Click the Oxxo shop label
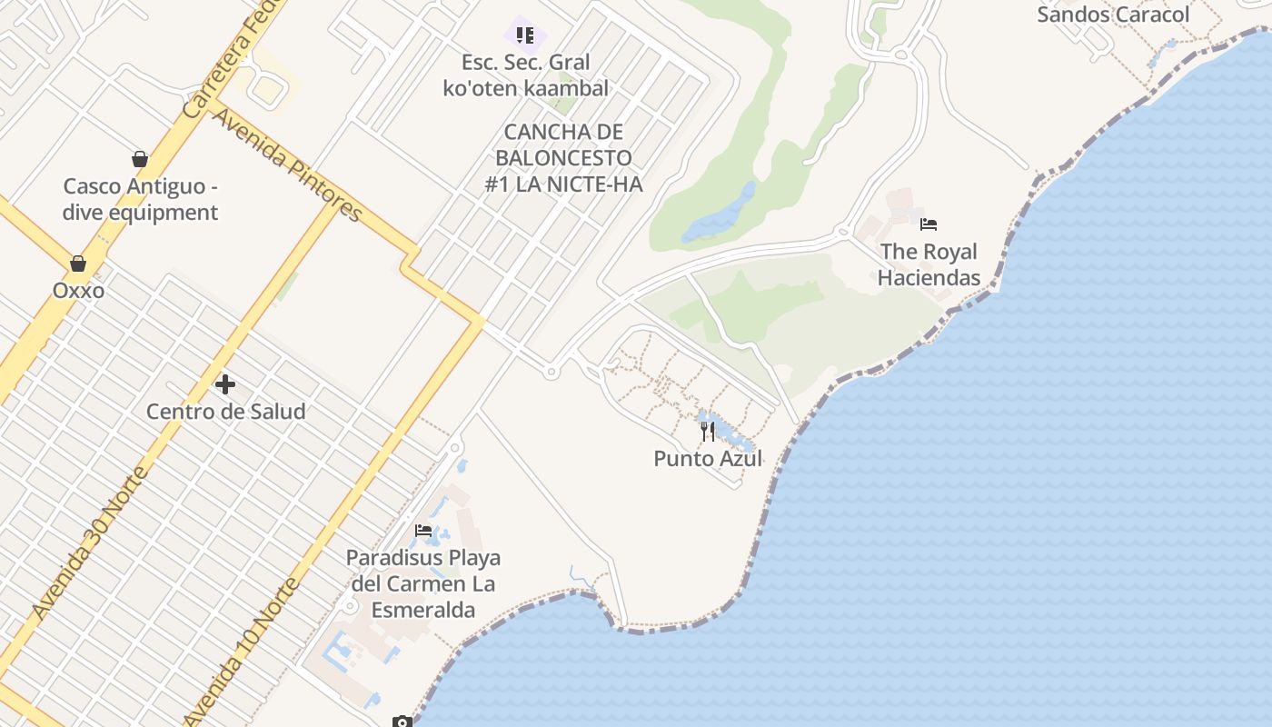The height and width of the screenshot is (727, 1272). click(x=78, y=291)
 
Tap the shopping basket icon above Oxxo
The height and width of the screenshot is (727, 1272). click(x=78, y=264)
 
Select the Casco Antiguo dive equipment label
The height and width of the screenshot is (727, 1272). click(x=140, y=200)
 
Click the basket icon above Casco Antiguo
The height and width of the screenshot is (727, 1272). click(x=140, y=159)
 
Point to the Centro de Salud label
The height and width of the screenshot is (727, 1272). click(x=225, y=411)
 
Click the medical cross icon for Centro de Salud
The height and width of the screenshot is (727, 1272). click(x=225, y=384)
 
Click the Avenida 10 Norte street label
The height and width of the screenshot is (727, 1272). click(x=242, y=650)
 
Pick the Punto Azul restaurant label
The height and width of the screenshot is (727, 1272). click(x=708, y=458)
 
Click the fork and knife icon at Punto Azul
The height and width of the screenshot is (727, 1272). click(x=708, y=431)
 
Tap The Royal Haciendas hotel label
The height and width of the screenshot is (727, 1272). click(x=929, y=264)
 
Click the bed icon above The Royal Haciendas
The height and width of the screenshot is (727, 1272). click(x=928, y=224)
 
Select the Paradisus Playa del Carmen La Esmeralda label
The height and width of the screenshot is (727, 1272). click(x=423, y=583)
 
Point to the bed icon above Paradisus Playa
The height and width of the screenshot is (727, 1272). click(x=423, y=531)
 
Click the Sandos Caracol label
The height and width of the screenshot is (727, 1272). click(x=1113, y=15)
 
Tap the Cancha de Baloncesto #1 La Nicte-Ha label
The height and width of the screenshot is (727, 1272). click(x=563, y=158)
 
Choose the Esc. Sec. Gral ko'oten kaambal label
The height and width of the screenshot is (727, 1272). click(x=525, y=75)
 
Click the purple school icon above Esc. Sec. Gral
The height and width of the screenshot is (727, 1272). click(x=525, y=35)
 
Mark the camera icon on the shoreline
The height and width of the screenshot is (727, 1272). click(x=402, y=722)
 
